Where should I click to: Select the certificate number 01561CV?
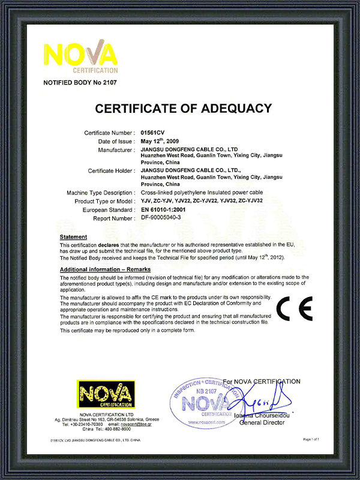pos(154,131)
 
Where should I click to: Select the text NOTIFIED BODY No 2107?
pos(80,82)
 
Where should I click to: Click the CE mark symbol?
pos(294,308)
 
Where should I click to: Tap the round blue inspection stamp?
pos(203,403)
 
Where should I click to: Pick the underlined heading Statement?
pos(74,238)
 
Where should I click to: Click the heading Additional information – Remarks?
pos(105,269)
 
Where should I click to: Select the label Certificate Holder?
pos(111,171)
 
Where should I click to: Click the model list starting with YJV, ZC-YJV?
pos(200,201)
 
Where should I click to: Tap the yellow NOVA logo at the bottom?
pos(106,395)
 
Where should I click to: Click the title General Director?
pos(262,422)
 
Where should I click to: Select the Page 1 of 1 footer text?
pos(311,439)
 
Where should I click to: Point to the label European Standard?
pos(109,210)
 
